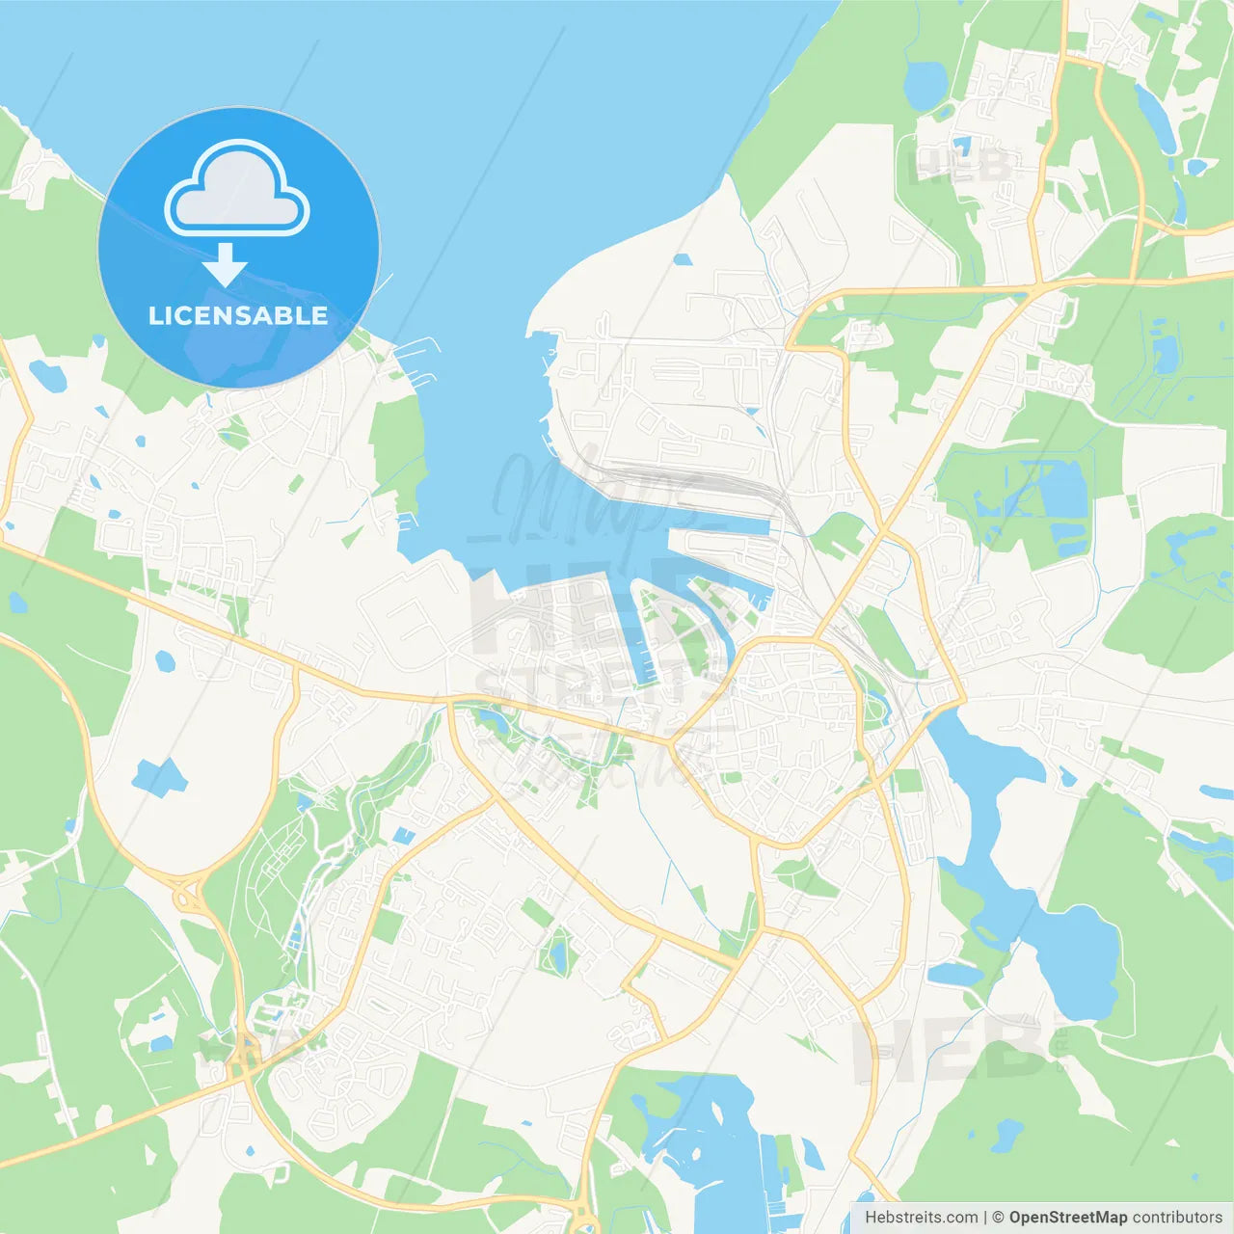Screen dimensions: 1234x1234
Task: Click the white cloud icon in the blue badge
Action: [x=237, y=189]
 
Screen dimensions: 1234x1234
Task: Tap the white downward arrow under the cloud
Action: [x=225, y=265]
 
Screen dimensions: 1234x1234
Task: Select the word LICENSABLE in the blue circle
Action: [x=238, y=315]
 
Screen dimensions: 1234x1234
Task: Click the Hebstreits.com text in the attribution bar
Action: [x=921, y=1218]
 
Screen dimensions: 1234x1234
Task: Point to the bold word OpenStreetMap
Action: [x=1068, y=1218]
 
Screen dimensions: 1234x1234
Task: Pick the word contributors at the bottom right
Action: [x=1177, y=1218]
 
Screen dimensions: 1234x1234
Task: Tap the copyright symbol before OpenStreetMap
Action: [x=999, y=1218]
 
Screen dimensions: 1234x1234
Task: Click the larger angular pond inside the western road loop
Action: [x=159, y=776]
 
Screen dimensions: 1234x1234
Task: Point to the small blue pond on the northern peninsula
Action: [x=683, y=259]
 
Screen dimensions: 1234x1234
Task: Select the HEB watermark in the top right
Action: [x=959, y=164]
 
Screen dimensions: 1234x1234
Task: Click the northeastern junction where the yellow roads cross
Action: [x=1036, y=286]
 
